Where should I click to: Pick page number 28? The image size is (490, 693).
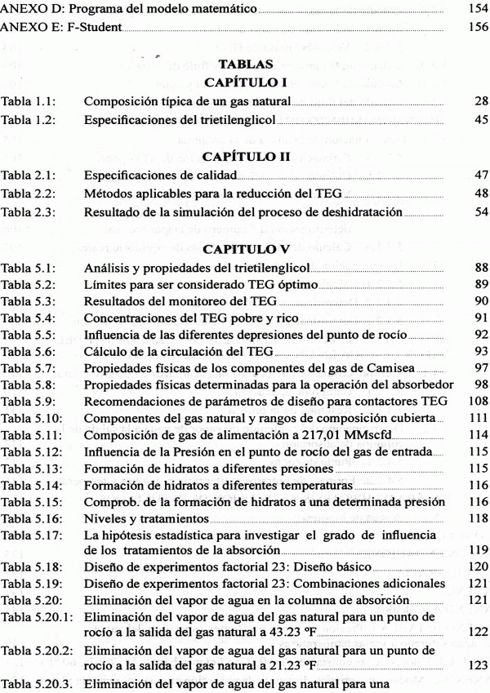coord(480,102)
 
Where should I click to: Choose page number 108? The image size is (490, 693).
coord(476,402)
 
